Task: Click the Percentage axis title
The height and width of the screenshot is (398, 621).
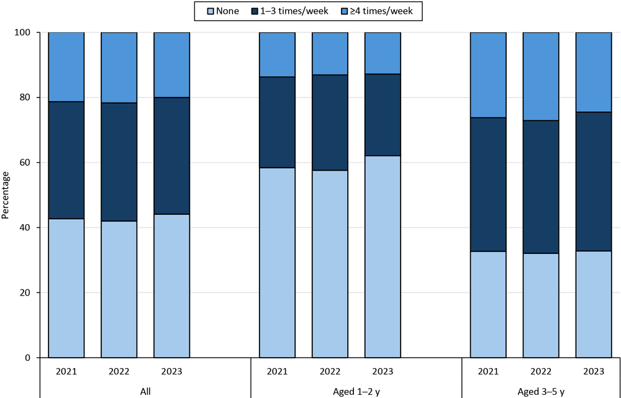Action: (x=6, y=195)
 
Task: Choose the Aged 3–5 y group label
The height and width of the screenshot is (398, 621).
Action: (x=540, y=391)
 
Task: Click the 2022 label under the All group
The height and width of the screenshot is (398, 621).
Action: (x=119, y=371)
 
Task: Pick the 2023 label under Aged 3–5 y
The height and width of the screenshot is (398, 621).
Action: (x=593, y=371)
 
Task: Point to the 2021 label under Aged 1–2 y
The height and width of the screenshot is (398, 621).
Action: (x=277, y=371)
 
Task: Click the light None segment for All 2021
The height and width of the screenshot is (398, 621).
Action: (x=66, y=288)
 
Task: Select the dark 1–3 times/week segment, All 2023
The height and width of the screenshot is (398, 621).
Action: (x=171, y=156)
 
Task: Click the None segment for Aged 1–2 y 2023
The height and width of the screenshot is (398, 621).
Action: (x=383, y=256)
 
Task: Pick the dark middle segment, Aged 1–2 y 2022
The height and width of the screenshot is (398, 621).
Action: (x=330, y=122)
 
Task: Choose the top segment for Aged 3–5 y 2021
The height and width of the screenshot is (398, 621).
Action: (x=488, y=75)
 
